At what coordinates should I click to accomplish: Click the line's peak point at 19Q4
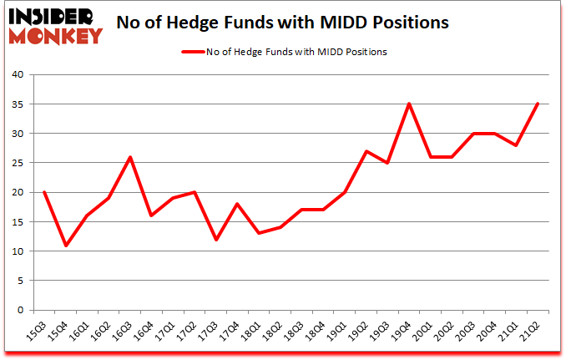(x=409, y=104)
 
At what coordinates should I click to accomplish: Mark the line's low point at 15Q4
(x=65, y=245)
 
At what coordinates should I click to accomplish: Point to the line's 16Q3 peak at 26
(x=130, y=157)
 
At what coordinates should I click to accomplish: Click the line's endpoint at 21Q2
(x=538, y=104)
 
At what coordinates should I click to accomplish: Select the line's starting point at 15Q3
(x=43, y=192)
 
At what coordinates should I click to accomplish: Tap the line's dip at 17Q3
(x=217, y=239)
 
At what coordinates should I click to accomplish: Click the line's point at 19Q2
(x=366, y=151)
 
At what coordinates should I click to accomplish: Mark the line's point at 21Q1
(x=518, y=145)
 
